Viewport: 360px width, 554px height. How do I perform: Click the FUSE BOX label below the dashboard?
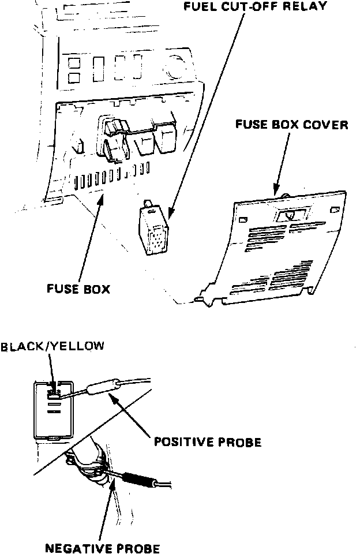point(78,288)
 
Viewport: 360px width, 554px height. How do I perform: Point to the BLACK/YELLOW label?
point(52,346)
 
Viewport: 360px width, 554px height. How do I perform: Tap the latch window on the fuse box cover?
point(287,215)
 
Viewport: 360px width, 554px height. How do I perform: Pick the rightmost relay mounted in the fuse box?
point(168,138)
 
